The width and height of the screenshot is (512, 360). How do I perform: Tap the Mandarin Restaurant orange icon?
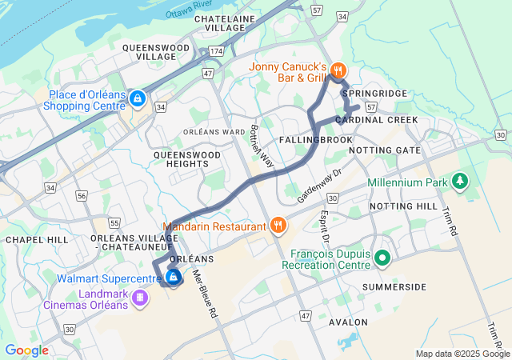click(278, 226)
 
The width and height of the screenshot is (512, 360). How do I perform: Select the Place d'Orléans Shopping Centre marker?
click(138, 98)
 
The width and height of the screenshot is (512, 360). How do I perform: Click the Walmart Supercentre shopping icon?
click(174, 278)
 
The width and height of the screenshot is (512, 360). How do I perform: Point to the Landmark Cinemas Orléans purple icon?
click(141, 298)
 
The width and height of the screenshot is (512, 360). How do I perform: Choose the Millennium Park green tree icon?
click(460, 182)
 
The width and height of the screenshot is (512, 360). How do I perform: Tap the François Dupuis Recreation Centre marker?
click(382, 258)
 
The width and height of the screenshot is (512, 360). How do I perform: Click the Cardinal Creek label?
click(376, 120)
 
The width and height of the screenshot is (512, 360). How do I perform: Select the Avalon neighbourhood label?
click(349, 322)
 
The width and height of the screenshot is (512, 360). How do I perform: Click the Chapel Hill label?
click(34, 239)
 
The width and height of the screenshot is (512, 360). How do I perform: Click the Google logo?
click(26, 350)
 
